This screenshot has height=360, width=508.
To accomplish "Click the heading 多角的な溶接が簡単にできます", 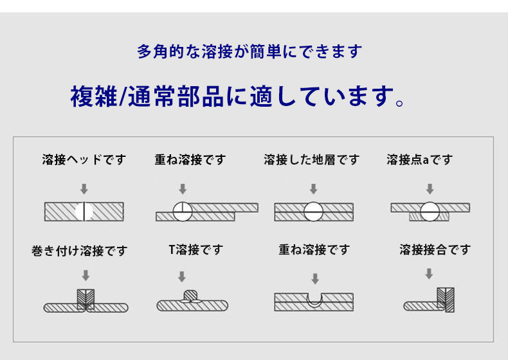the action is pos(249,51).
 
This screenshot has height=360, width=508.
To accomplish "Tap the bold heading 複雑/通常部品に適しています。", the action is pos(237,96).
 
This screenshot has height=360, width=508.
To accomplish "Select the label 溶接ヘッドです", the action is pos(84,159).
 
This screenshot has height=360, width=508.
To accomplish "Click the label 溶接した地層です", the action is pos(311,159).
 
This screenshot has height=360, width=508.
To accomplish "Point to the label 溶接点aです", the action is pos(419,159).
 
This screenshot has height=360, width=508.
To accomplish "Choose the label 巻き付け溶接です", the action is pos(79,251).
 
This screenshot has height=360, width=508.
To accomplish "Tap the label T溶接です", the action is pos(196,249).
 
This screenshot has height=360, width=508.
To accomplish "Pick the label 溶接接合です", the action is pos(435,249).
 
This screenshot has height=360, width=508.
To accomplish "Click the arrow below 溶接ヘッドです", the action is pos(84,189).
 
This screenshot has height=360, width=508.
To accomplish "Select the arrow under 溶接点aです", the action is pos(430,189).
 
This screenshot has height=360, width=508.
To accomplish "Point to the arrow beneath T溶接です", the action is pos(182,276).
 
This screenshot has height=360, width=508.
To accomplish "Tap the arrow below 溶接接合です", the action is pos(429,274).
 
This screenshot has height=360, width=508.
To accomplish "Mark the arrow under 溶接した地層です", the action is pos(313,189).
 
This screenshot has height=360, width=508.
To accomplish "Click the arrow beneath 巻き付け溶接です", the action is pos(86,275).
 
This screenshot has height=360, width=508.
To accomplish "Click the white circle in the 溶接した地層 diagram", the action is pos(313,212).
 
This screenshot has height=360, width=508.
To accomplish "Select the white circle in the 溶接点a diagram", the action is pos(430,212).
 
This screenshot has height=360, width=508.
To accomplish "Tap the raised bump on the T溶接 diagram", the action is pos(190,295).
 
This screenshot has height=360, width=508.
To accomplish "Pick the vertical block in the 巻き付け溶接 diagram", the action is pos(86,299).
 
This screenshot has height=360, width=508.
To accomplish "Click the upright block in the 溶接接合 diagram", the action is pos(446,300).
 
